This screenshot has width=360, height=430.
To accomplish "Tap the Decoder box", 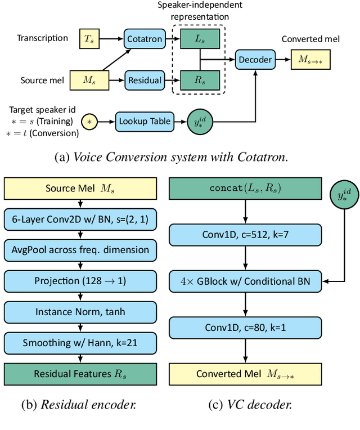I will pyautogui.click(x=255, y=59).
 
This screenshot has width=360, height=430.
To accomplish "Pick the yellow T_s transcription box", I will pyautogui.click(x=89, y=38).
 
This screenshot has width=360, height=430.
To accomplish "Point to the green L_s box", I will pyautogui.click(x=200, y=39).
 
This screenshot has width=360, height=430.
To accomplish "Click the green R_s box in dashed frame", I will pyautogui.click(x=200, y=80).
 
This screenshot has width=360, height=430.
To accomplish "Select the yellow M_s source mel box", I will pyautogui.click(x=89, y=80).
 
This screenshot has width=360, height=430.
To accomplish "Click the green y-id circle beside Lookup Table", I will pyautogui.click(x=201, y=122).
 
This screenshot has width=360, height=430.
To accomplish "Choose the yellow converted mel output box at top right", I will pyautogui.click(x=310, y=59).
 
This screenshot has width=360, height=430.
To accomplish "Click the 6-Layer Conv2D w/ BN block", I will pyautogui.click(x=80, y=218).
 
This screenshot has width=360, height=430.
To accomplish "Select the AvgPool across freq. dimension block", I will pyautogui.click(x=80, y=249).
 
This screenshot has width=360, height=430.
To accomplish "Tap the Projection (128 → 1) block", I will pyautogui.click(x=80, y=280).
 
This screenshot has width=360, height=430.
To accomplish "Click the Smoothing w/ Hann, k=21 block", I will pyautogui.click(x=80, y=342).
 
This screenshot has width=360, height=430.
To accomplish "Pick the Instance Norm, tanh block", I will pyautogui.click(x=80, y=311).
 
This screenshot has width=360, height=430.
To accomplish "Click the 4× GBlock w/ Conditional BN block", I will pyautogui.click(x=245, y=280).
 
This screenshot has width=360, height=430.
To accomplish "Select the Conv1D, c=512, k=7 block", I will pyautogui.click(x=245, y=234).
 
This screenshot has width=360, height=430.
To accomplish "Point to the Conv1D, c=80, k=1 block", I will pyautogui.click(x=245, y=327).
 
